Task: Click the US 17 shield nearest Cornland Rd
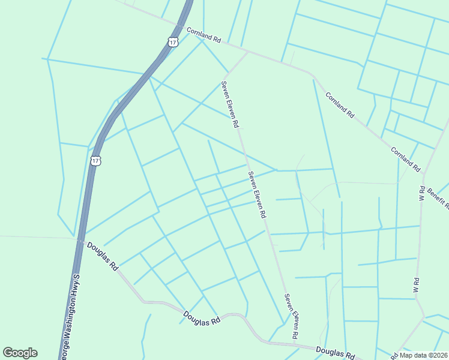[x=173, y=42]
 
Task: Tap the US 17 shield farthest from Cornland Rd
[x=96, y=161]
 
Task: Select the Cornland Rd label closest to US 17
[x=203, y=35]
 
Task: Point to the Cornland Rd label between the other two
[x=340, y=106]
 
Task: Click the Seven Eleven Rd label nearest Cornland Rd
[x=231, y=105]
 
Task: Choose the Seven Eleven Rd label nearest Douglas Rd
[x=292, y=316]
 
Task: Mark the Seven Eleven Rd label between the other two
[x=258, y=195]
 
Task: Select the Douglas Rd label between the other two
[x=202, y=318]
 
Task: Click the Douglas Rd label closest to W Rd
[x=336, y=352]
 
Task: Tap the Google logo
[x=20, y=353]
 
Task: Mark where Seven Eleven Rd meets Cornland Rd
[x=248, y=52]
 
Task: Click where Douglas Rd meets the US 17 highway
[x=80, y=240]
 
